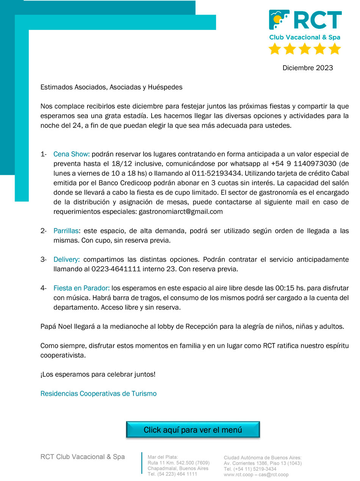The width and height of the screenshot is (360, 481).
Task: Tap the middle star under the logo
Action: pos(305,49)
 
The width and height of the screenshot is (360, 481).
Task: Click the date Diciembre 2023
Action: pos(308,68)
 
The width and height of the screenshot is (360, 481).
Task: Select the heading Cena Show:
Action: pos(72,154)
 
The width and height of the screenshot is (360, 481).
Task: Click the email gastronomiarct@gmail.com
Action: pos(181,212)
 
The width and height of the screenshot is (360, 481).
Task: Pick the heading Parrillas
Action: pos(66,231)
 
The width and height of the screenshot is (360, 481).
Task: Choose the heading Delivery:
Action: pos(67,259)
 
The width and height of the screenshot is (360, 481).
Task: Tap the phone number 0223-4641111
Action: pos(116,269)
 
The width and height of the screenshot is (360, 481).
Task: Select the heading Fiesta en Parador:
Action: pos(81,288)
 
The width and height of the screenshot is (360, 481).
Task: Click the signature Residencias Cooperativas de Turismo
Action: pos(99,393)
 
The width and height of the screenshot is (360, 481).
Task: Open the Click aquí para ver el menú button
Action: pos(193,430)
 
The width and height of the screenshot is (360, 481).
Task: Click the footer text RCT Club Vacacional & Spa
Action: pos(83,457)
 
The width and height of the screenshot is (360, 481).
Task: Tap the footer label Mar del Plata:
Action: pos(163,457)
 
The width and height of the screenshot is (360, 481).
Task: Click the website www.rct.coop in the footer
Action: pos(238,475)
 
